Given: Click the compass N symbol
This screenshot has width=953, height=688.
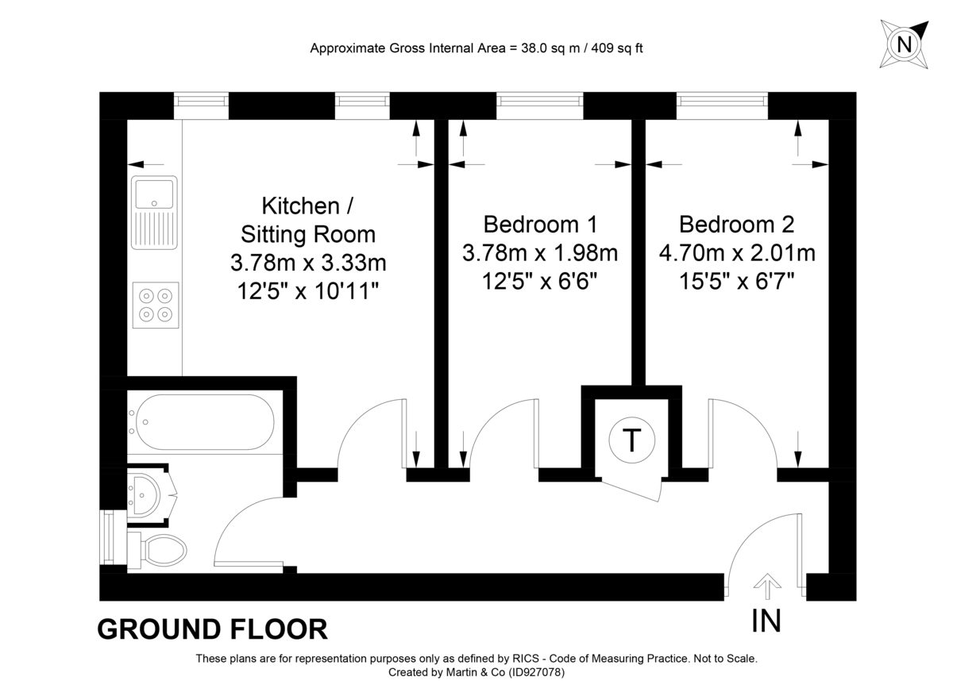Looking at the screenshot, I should point(904,44).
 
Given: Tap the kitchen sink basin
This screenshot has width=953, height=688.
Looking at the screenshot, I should point(154,193).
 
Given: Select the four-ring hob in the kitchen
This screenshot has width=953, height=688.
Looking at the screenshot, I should point(155,305).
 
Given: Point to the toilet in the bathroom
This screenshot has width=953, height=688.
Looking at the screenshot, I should point(163,549).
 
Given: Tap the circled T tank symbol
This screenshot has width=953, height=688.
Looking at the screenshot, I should point(631,440).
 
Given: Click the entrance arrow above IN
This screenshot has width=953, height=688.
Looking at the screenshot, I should point(767,587).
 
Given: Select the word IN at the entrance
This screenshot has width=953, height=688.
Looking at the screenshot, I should point(767,621).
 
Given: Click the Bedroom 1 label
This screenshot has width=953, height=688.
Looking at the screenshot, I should point(540,224).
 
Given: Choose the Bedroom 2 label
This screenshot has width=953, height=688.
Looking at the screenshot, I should point(736,224).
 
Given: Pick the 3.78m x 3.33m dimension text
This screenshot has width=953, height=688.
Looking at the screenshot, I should point(308,262).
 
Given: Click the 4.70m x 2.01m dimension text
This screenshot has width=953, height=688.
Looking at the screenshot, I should point(737,253).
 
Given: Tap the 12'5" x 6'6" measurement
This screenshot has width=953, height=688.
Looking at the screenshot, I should point(540,281).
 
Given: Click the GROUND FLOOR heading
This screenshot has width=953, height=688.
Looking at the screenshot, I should point(212,629).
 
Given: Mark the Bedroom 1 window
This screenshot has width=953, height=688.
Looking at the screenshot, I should point(540,100).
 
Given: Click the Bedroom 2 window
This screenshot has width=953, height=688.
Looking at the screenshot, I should point(723,100).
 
